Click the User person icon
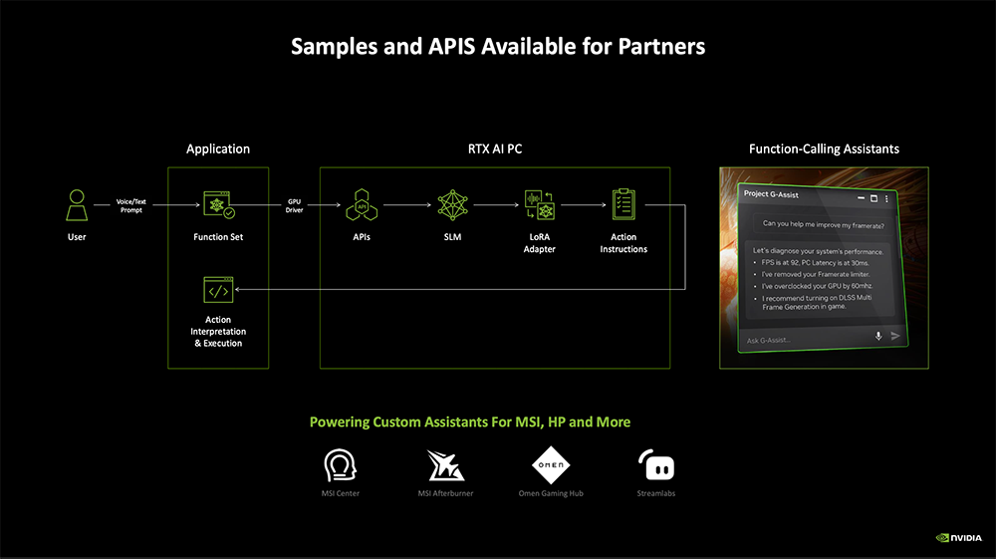point(77,206)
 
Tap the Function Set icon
point(218,206)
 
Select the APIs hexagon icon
point(361,206)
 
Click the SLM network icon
point(453,206)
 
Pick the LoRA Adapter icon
point(539,206)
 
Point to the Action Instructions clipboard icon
point(623,204)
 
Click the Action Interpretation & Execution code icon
point(217,291)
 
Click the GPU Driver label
point(294,206)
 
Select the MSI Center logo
point(341,466)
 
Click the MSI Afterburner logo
point(445,466)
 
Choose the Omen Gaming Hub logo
point(551,466)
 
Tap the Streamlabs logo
point(656,466)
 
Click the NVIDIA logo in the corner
point(959,538)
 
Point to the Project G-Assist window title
point(771,194)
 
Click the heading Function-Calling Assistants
point(824,148)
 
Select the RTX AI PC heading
point(495,148)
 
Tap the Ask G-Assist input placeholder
point(768,341)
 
